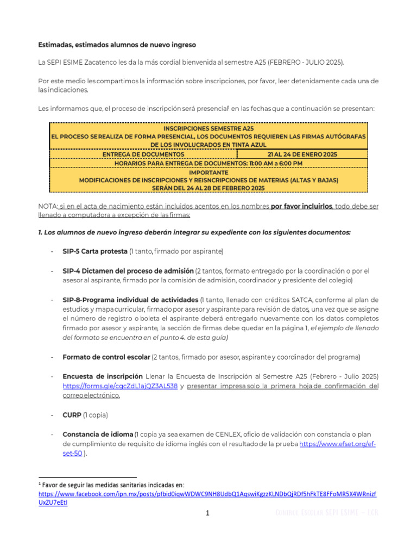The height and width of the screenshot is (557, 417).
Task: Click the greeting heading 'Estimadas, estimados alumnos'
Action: [117, 44]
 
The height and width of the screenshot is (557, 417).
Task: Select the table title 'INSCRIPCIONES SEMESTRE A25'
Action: [208, 128]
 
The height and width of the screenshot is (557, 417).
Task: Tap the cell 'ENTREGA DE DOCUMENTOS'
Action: [143, 154]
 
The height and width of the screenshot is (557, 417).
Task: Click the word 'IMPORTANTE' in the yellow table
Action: [208, 171]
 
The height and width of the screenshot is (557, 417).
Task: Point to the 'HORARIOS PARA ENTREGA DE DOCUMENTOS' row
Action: [208, 163]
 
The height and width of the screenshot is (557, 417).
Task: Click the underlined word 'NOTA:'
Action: [48, 207]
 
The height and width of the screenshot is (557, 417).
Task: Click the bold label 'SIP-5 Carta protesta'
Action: [95, 251]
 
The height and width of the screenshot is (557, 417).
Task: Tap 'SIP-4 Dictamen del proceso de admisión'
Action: [128, 270]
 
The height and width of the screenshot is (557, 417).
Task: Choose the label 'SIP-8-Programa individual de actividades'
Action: [130, 300]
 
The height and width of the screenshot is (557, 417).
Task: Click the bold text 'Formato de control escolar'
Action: [106, 357]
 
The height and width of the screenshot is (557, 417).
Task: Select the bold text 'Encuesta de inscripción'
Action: [103, 376]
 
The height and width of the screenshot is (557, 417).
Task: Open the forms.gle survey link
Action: [120, 386]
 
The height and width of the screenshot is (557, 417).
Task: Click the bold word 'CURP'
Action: [72, 414]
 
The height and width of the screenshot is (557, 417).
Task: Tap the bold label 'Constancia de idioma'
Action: [98, 434]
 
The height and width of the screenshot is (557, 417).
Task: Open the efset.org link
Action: [337, 444]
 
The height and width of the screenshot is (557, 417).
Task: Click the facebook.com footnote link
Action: [207, 494]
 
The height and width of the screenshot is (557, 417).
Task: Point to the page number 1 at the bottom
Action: [207, 513]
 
